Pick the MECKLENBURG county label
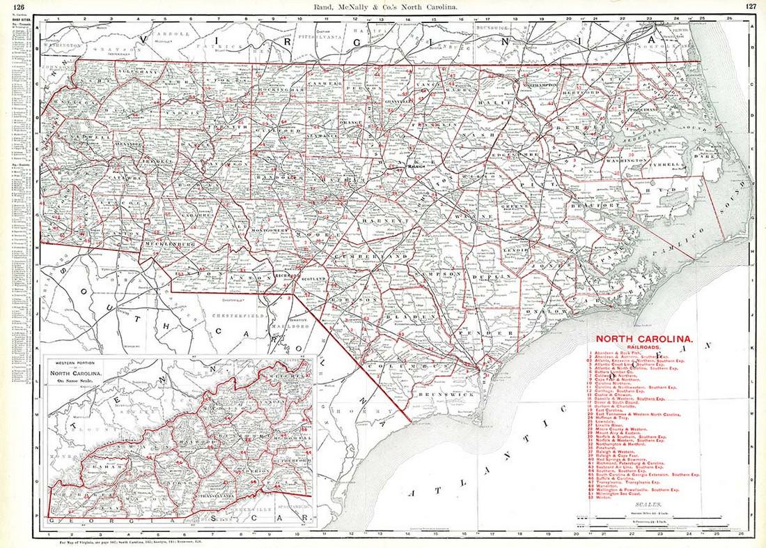point(168,245)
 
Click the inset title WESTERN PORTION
point(72,365)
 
